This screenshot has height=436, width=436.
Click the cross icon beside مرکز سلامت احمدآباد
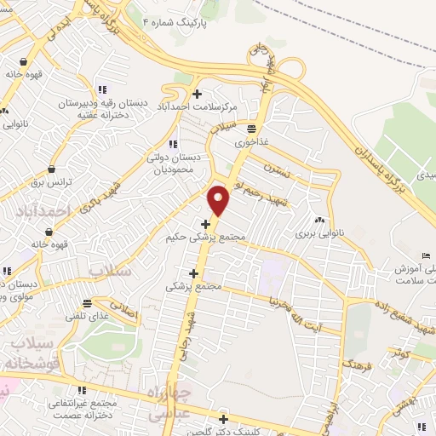[198, 93]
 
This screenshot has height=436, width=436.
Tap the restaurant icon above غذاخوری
[252, 129]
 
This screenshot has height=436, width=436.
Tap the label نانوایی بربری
[318, 232]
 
